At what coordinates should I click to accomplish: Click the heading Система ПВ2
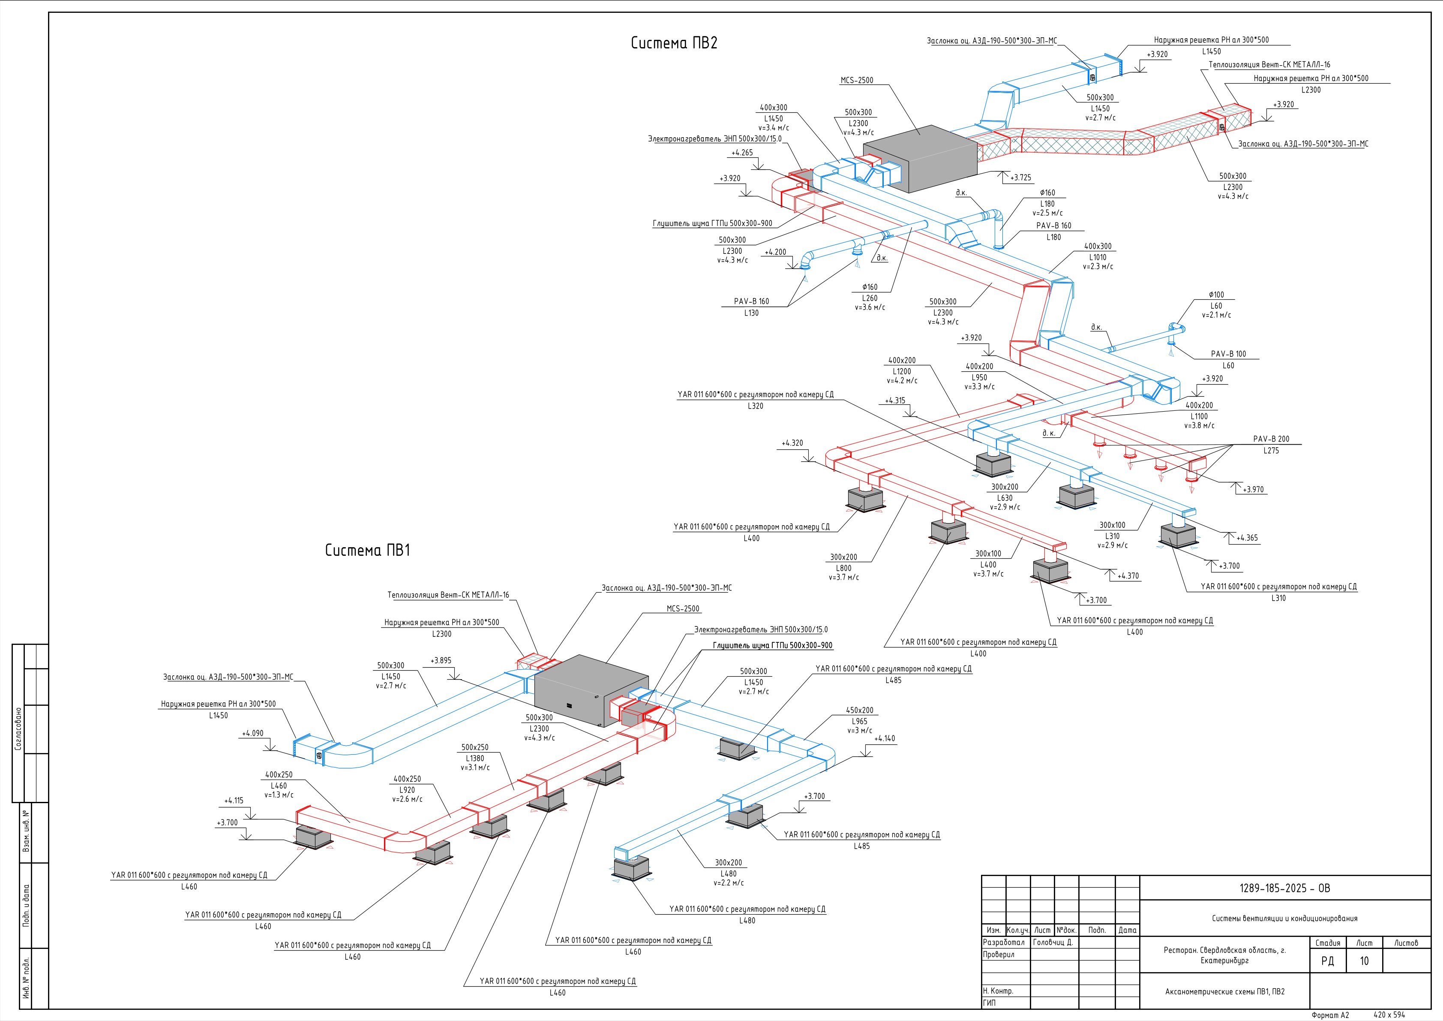click(674, 43)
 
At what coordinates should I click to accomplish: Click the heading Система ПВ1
click(368, 550)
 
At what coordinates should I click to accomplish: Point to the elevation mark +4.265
click(742, 153)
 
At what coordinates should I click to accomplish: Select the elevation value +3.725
click(1021, 178)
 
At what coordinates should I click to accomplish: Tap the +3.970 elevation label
click(1253, 490)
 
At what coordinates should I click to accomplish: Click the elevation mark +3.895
click(441, 661)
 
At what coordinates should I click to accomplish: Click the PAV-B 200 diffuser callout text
click(1271, 440)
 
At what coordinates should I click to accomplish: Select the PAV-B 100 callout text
click(1228, 354)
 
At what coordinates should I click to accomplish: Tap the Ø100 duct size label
click(1216, 295)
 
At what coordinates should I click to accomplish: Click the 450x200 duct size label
click(859, 711)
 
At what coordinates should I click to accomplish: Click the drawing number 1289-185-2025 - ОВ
click(1284, 888)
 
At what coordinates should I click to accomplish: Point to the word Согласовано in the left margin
click(18, 729)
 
